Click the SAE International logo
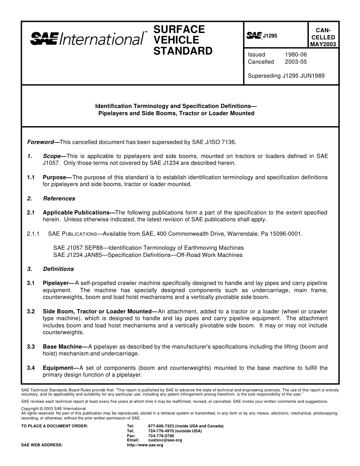point(87,39)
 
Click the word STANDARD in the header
point(183,51)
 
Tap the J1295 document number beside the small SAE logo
point(270,36)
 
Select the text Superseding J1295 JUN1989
point(286,76)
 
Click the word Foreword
point(41,142)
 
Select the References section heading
point(59,199)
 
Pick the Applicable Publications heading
point(76,213)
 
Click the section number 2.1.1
point(33,234)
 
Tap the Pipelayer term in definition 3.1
point(55,283)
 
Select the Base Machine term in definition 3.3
point(62,347)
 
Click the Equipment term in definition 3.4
point(58,368)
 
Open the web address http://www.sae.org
point(145,445)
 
